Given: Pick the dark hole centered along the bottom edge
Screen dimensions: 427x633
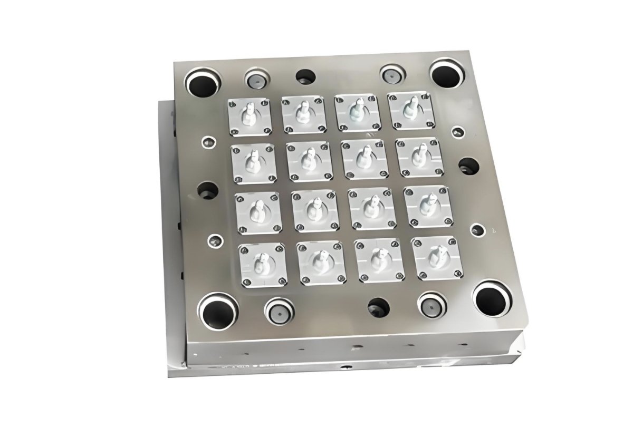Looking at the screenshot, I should point(378,306).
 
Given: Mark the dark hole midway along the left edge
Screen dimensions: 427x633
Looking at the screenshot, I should point(209,191).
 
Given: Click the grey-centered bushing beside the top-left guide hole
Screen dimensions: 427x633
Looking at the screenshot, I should point(256,80).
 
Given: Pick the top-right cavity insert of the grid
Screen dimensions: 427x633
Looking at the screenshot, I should point(410,111).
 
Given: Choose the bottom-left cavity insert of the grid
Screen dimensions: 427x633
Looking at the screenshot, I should point(261,264).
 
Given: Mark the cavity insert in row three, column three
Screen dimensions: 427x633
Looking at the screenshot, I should point(372,207).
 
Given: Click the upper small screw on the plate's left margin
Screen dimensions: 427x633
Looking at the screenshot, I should point(208,141).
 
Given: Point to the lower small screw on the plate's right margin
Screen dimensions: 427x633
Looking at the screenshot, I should point(477,230).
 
